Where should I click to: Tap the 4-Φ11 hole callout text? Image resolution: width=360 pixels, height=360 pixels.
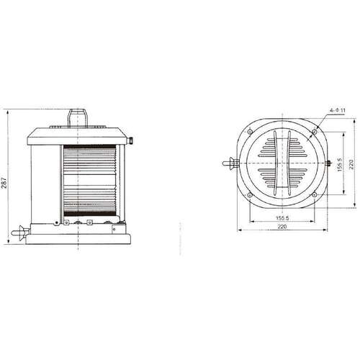337,110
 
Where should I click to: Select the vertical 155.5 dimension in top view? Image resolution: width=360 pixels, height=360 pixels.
339,164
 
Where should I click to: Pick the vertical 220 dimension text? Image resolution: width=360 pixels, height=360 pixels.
351,164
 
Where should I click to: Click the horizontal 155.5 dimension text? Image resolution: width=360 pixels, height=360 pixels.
282,218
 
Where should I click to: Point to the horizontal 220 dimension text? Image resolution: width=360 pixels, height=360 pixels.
282,226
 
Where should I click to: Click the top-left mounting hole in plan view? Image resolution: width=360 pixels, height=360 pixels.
250,132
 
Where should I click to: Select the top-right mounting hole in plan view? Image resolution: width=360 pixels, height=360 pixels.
315,132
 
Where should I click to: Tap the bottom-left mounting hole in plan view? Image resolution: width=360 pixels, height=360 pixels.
250,195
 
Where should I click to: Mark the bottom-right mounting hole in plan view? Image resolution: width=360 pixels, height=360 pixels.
315,195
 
